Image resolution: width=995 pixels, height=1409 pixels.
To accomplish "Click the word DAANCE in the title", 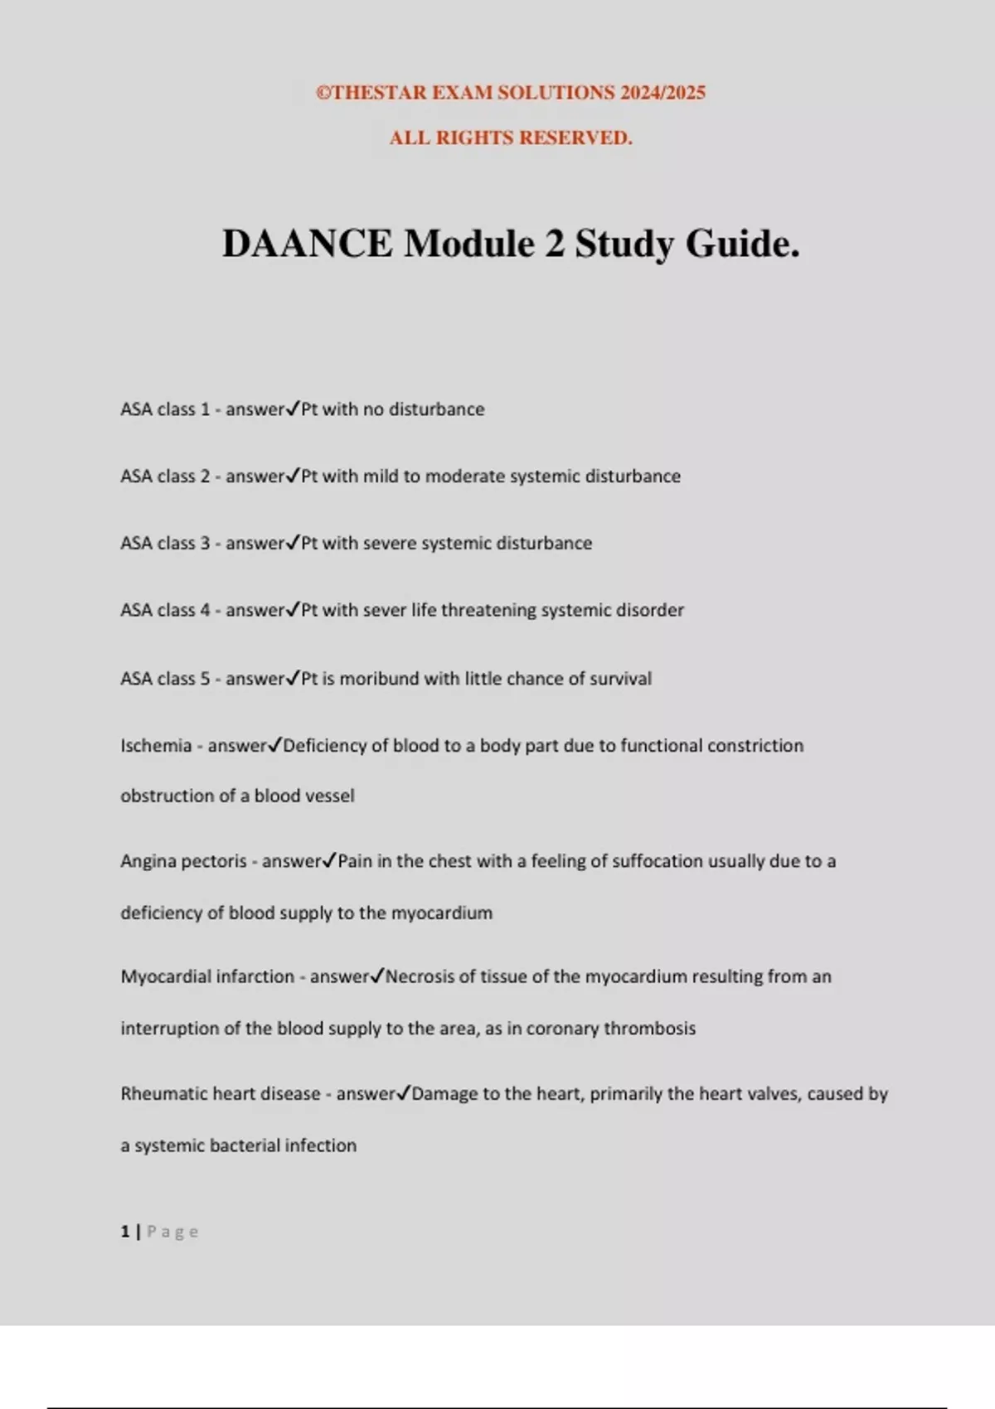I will (308, 244).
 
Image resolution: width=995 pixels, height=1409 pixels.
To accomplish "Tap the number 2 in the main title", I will (554, 244).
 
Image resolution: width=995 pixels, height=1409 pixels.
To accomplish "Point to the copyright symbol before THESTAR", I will (323, 93).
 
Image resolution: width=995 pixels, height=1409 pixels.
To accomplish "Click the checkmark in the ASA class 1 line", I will (292, 409).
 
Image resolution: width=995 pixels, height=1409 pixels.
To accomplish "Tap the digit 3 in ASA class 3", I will (205, 543).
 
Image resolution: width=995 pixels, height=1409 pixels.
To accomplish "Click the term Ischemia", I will (156, 745).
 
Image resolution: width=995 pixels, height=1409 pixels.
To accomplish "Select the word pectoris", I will (215, 861).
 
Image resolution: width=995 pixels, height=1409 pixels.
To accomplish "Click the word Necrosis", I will (420, 976).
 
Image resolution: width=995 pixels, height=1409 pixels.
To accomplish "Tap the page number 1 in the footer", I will (125, 1232).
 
